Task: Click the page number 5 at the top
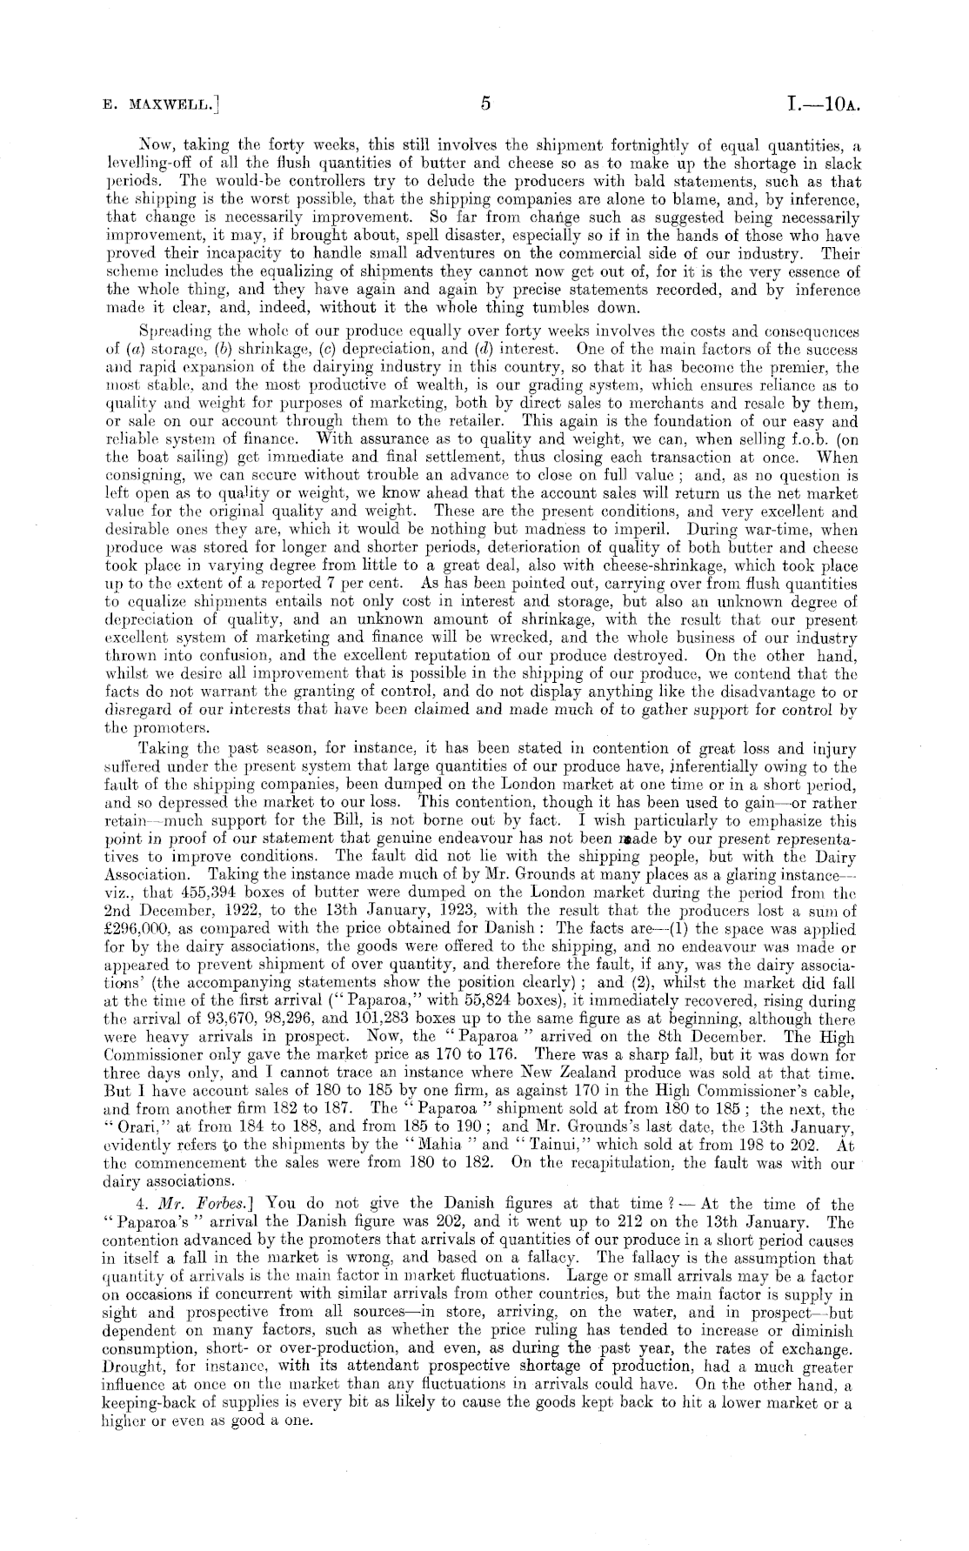coord(485,104)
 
